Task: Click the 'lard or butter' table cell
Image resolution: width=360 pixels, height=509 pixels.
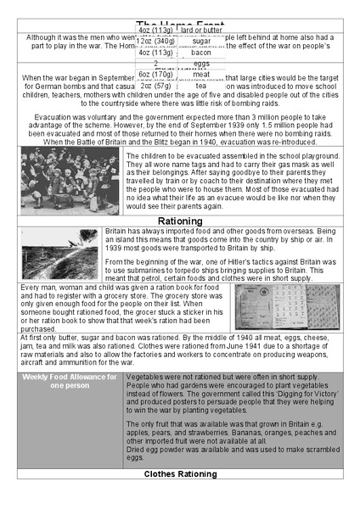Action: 201,30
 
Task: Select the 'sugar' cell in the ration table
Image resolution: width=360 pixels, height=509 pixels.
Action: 201,41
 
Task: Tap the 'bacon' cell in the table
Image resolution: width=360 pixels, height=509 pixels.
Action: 201,52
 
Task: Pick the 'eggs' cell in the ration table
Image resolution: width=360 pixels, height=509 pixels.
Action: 201,63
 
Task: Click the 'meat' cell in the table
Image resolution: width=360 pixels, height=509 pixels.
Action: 201,75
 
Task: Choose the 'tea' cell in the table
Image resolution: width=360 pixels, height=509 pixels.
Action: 201,86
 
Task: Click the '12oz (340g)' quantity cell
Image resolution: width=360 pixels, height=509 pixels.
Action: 156,41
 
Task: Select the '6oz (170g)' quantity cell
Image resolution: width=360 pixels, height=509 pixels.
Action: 156,75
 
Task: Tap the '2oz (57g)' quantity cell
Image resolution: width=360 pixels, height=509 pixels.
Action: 156,86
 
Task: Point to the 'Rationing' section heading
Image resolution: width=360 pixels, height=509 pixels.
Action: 179,221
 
